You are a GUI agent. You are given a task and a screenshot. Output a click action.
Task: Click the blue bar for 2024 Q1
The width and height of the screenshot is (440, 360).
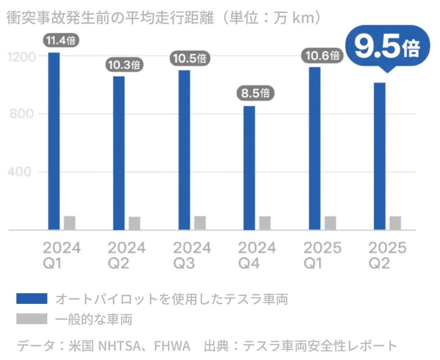[x=54, y=141]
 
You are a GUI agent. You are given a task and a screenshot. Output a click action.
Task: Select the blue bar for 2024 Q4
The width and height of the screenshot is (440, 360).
[x=249, y=168]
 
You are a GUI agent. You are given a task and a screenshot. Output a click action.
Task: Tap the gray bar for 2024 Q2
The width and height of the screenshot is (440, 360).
[x=134, y=223]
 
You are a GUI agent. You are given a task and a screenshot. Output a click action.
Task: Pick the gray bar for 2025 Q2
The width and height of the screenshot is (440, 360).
[x=395, y=223]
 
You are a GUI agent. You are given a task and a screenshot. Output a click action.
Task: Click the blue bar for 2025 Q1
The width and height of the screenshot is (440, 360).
[x=315, y=148]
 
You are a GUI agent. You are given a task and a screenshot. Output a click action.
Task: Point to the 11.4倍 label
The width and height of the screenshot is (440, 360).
[x=61, y=40]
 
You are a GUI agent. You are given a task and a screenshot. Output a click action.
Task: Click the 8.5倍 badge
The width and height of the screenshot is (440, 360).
[x=255, y=93]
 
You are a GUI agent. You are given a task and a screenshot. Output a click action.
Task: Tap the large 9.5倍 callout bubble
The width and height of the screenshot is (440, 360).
[x=387, y=46]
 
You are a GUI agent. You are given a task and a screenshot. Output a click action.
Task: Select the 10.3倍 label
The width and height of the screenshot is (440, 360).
[x=124, y=65]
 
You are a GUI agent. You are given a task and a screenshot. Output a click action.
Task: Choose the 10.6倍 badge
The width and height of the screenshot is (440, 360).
[x=322, y=56]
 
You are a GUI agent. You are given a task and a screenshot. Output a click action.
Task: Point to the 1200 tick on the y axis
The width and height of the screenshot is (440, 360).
[x=22, y=57]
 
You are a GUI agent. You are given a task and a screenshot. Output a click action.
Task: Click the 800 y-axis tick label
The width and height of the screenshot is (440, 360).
[x=22, y=114]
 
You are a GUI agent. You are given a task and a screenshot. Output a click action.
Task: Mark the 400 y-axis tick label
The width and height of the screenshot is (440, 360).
[x=20, y=172]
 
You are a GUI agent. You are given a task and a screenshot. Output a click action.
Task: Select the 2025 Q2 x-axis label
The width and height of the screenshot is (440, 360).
[x=387, y=255]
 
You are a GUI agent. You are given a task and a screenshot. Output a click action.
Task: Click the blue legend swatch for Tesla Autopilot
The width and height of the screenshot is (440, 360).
[x=32, y=299]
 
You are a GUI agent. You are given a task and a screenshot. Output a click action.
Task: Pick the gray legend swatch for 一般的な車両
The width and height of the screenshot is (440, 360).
[x=32, y=319]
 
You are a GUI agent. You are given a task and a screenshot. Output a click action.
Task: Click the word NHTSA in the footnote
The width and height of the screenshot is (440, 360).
[x=119, y=346]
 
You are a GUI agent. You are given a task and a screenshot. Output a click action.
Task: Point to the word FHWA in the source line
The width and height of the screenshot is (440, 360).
[x=172, y=346]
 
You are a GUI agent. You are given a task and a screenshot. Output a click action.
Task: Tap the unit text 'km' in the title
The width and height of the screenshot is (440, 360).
[x=303, y=18]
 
